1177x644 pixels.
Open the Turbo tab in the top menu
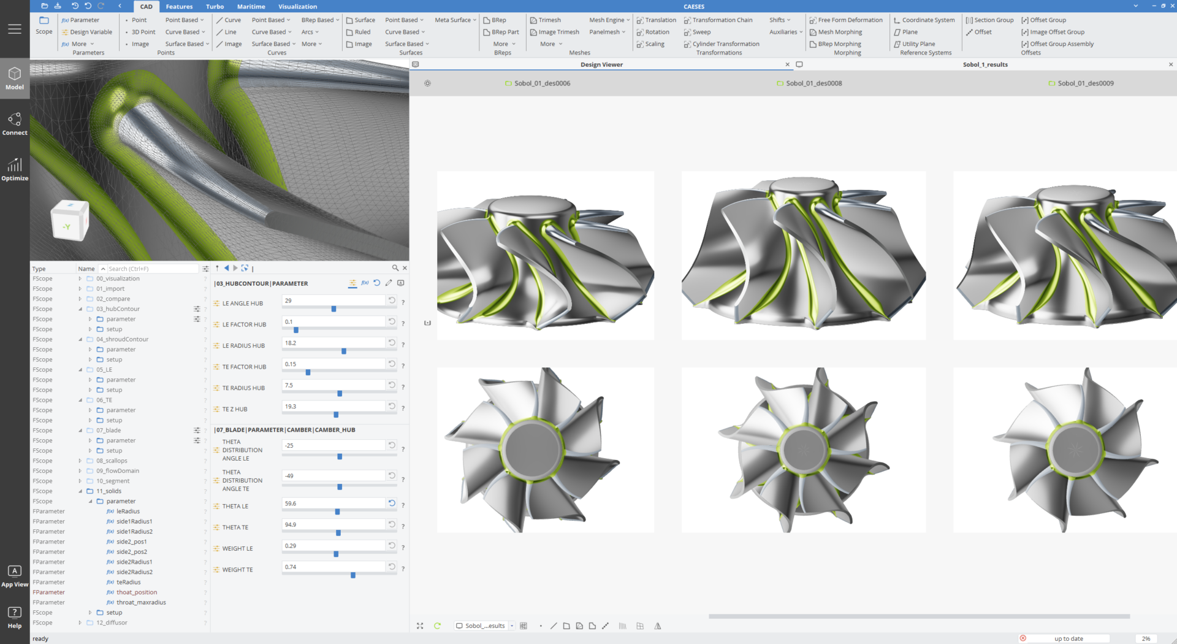click(215, 7)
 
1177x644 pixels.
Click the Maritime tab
click(251, 7)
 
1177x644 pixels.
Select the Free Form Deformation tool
click(850, 20)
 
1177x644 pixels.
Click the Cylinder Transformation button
click(725, 44)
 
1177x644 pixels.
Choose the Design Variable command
click(91, 32)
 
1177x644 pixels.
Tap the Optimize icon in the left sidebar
click(15, 169)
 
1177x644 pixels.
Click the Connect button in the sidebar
click(15, 123)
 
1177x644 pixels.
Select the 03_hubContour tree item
click(118, 309)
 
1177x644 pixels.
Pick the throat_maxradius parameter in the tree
click(141, 602)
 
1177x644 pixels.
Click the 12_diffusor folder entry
click(112, 623)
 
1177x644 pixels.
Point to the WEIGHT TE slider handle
click(353, 575)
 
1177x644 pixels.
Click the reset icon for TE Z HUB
click(392, 406)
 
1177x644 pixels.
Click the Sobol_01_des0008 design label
click(813, 83)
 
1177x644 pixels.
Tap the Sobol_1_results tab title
click(985, 64)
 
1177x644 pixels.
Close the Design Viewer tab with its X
click(788, 64)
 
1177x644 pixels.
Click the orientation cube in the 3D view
click(69, 221)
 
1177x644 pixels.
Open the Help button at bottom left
click(15, 617)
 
